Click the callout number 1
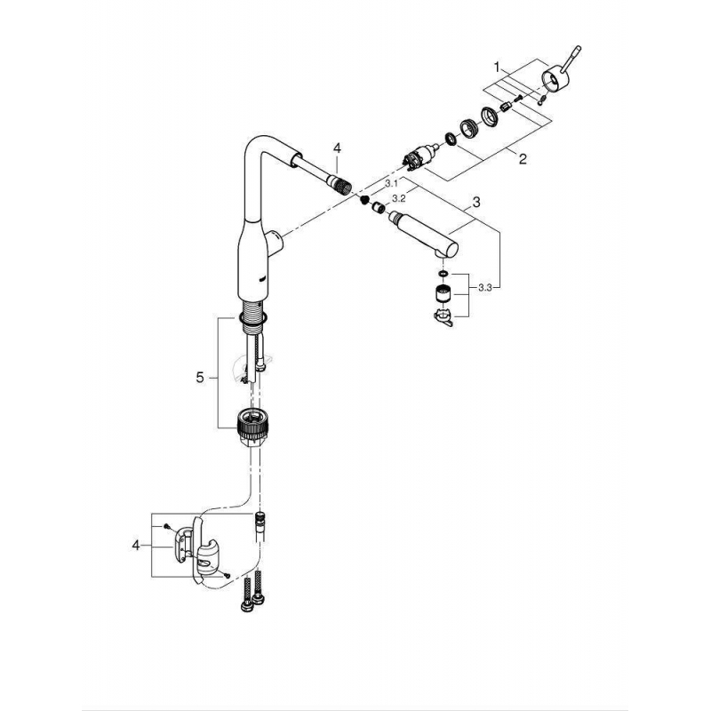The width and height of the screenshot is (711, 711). coord(497,68)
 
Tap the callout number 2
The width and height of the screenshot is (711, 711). coord(523,159)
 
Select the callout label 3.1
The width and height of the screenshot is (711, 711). coord(390,184)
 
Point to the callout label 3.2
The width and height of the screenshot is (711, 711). coord(398,198)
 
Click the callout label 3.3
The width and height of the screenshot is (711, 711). coord(484,287)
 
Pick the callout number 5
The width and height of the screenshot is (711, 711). coord(200,377)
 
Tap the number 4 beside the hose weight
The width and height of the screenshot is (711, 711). coord(136,545)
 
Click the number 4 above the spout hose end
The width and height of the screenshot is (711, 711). coord(337,148)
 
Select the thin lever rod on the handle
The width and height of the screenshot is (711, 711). coord(571,59)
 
